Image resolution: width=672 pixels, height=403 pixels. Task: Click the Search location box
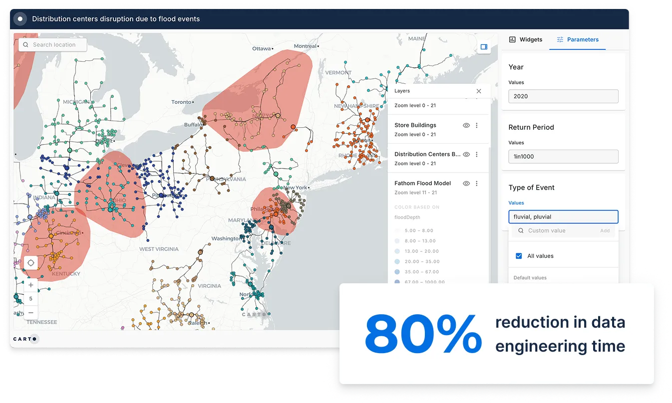[x=53, y=45]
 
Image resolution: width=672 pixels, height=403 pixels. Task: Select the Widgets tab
[x=525, y=39]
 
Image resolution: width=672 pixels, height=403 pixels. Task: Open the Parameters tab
[x=578, y=39]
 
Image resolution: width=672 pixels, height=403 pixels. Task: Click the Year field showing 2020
[x=563, y=96]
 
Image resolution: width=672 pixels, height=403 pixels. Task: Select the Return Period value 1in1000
[x=563, y=157]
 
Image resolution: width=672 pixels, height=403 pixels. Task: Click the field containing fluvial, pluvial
[x=563, y=217]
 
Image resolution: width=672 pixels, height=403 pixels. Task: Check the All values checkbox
[x=518, y=256]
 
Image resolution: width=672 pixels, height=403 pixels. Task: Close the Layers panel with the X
[x=479, y=91]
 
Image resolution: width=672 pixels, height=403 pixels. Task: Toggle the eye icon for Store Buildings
[x=466, y=126]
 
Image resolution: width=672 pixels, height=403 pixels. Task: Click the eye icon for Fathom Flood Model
[x=466, y=184]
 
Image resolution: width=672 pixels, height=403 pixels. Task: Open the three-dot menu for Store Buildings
[x=477, y=126]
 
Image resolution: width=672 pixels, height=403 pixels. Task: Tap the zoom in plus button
[x=31, y=285]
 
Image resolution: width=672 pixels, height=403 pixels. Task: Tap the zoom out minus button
[x=31, y=312]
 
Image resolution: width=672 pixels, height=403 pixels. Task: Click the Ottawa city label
[x=261, y=49]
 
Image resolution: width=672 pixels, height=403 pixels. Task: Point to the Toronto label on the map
[x=181, y=102]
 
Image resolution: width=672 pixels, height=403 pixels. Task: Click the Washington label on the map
[x=226, y=238]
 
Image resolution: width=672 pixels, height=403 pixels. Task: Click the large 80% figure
[x=423, y=334]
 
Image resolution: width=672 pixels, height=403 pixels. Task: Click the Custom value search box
[x=547, y=230]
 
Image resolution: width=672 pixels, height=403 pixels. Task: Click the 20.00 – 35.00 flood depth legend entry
[x=422, y=261]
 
